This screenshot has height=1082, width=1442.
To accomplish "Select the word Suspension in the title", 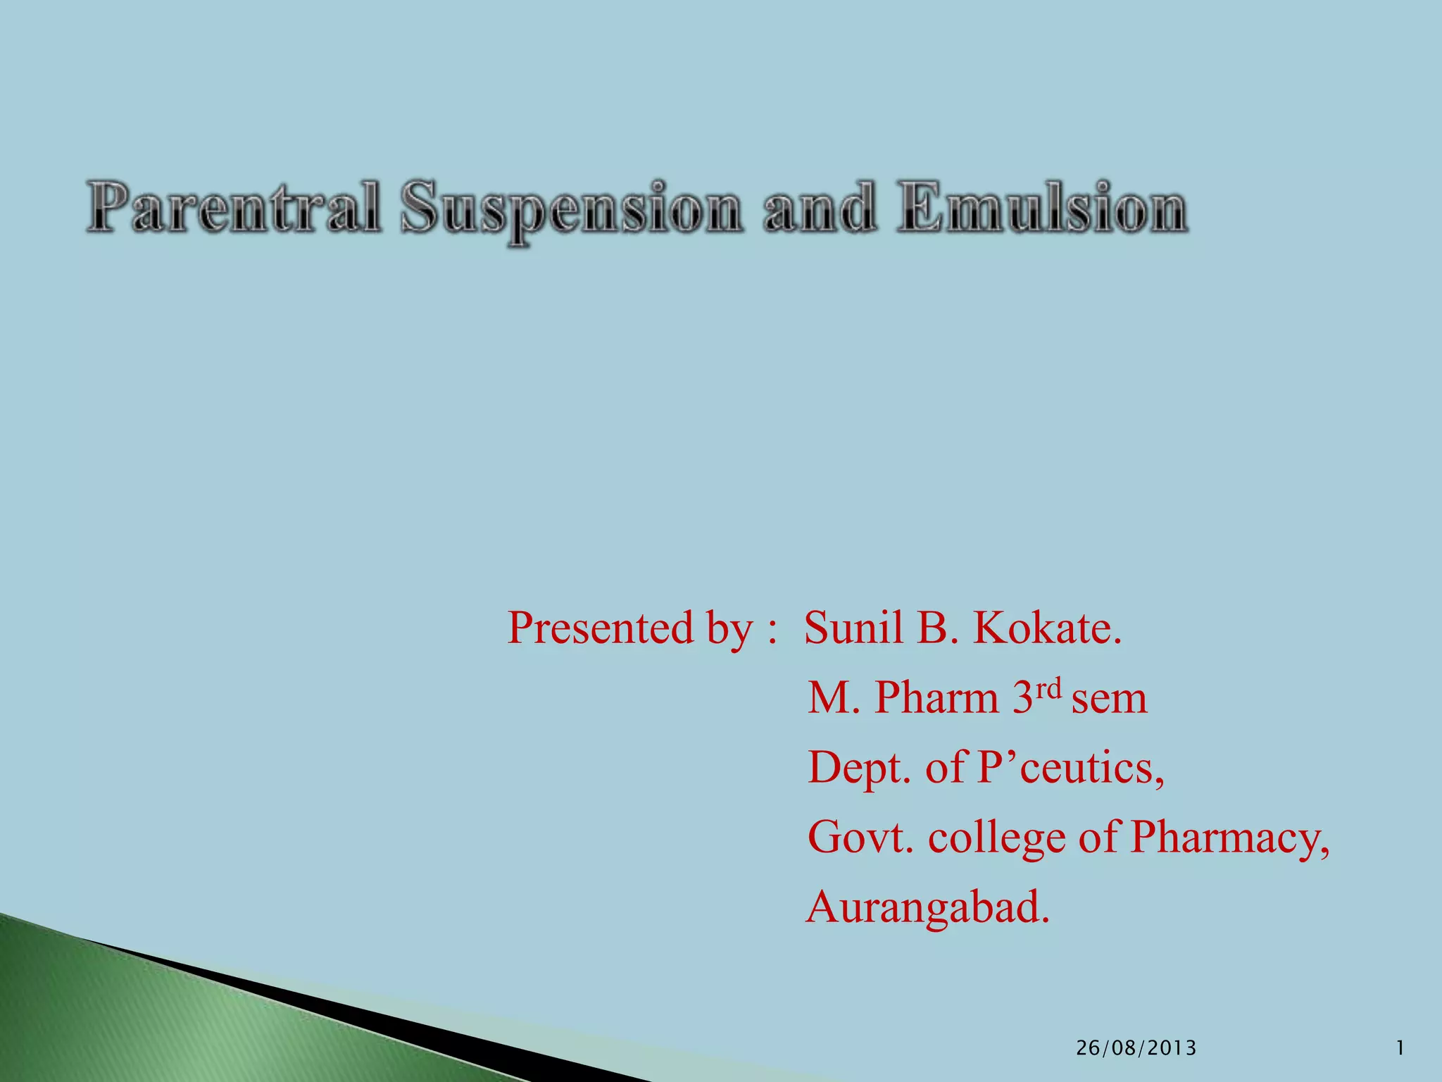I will pos(571,209).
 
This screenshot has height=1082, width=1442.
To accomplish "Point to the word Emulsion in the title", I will pos(1042,209).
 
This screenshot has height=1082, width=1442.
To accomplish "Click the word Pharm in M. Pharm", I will pos(936,698).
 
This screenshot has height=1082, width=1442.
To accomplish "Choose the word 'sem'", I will pos(1110,699).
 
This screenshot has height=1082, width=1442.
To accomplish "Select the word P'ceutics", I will pos(1070,768).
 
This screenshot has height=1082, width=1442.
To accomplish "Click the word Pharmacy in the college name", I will pos(1229,839).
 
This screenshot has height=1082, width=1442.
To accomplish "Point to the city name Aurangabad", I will pos(928,907).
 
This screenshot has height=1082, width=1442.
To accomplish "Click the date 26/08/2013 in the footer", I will pos(1136,1048).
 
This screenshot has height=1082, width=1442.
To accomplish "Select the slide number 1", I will pos(1400,1048).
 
